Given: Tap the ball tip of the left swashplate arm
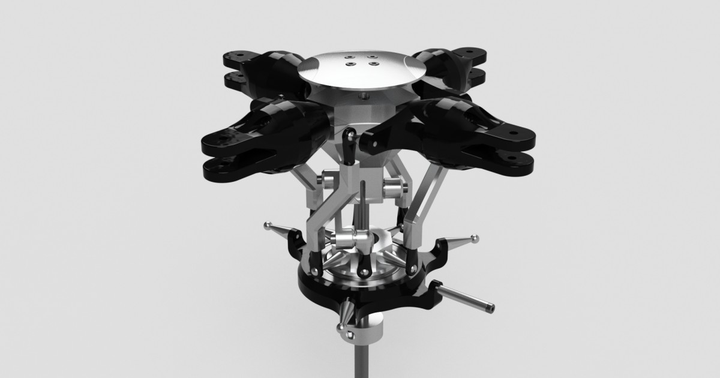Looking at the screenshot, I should click(x=268, y=226).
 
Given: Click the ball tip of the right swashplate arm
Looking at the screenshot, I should click(x=475, y=238).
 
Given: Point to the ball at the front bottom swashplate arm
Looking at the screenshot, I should click(x=341, y=327).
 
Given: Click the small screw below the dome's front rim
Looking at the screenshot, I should click(x=362, y=95).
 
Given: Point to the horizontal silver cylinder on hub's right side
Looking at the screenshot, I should click(x=394, y=185).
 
